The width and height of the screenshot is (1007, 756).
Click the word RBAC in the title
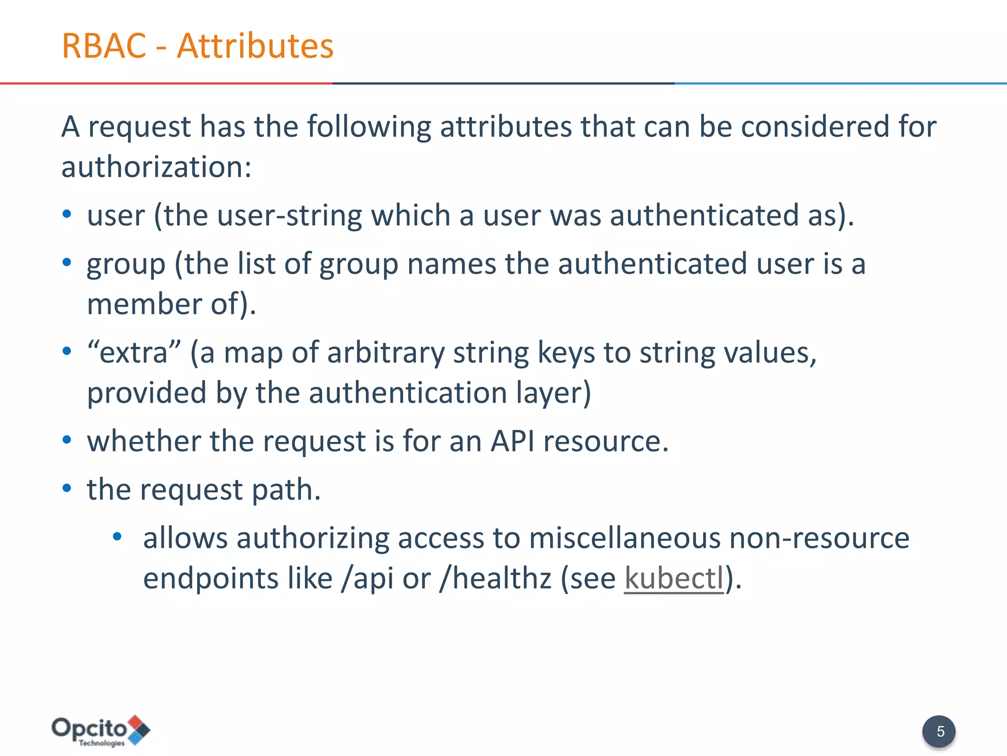coord(104,46)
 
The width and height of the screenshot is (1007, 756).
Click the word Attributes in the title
coord(255,46)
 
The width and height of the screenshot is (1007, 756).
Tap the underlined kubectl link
coord(674,578)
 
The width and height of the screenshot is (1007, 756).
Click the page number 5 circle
coord(939,731)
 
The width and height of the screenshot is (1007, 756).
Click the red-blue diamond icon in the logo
coord(140,729)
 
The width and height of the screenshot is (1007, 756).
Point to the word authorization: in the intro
coord(156,167)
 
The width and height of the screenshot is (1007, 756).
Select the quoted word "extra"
coord(134,352)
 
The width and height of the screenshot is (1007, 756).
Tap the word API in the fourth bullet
coord(512,441)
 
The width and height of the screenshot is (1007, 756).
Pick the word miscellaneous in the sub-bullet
coord(624,537)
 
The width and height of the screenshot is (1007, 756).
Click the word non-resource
coord(819,537)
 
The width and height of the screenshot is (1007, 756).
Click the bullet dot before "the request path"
coord(67,488)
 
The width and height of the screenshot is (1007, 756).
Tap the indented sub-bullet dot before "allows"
coord(117,536)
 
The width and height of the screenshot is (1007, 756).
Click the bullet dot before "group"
coord(67,262)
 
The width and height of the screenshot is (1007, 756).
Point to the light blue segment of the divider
coord(841,83)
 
